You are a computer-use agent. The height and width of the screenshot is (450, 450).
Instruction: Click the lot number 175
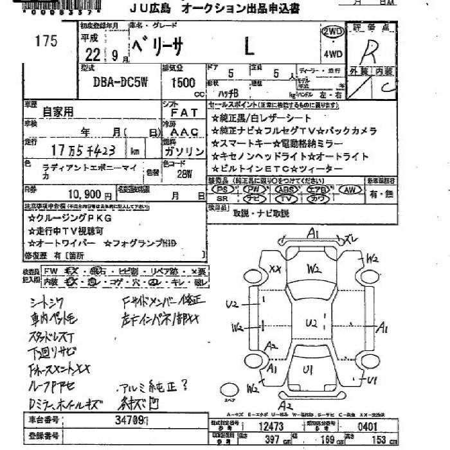pyautogui.click(x=47, y=41)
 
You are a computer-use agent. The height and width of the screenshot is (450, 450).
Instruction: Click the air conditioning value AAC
pyautogui.click(x=184, y=131)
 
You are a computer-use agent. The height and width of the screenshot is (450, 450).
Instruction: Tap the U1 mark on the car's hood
pyautogui.click(x=308, y=369)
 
